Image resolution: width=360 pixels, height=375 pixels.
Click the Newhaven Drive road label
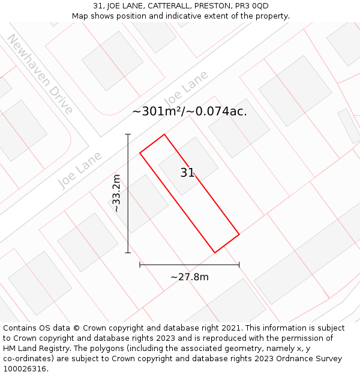pos(40,74)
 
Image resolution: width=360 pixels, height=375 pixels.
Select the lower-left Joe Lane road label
pos(80,170)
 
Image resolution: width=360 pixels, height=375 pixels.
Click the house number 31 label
pos(187,173)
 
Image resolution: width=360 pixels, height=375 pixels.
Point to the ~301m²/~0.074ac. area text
pos(190,111)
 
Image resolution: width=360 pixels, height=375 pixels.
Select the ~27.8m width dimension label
pos(190,277)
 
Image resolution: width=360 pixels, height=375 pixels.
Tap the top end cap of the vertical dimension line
pos(128,134)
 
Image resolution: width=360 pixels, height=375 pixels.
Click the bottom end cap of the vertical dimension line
pos(128,253)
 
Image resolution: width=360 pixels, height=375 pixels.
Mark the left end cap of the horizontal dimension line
pos(140,264)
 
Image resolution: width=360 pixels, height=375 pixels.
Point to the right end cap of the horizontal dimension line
pos(239,264)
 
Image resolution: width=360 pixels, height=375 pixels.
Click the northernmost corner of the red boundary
pos(164,134)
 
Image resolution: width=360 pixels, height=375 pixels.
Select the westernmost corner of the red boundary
pos(140,152)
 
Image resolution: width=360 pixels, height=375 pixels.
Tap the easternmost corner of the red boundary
pos(239,234)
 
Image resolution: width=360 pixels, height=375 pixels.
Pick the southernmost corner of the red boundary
pos(215,253)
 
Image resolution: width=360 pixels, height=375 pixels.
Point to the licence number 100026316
pos(24,368)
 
